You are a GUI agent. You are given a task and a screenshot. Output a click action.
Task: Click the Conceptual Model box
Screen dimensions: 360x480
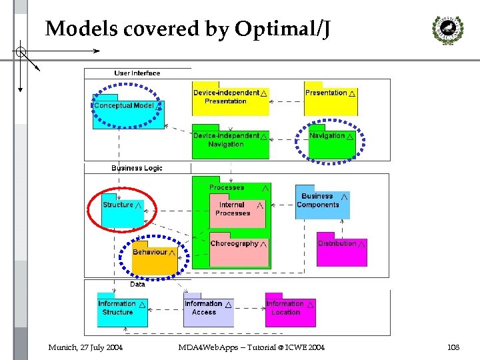pos(125,111)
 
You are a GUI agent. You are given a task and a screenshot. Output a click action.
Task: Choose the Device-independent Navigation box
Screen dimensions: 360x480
pos(230,143)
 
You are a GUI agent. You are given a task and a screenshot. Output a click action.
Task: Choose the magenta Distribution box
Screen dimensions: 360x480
pos(341,251)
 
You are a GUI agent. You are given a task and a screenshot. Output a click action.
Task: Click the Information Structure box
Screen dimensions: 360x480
pos(122,311)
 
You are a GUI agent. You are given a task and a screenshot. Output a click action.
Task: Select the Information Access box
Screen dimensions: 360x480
pos(208,311)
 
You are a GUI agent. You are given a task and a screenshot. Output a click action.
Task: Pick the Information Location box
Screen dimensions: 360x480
pos(290,311)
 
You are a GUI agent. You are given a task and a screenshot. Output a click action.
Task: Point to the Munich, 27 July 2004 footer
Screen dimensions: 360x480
pos(85,347)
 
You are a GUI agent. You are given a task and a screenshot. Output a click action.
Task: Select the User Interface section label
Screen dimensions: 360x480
pos(137,73)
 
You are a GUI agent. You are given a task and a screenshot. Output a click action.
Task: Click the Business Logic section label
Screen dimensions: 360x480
pos(137,168)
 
